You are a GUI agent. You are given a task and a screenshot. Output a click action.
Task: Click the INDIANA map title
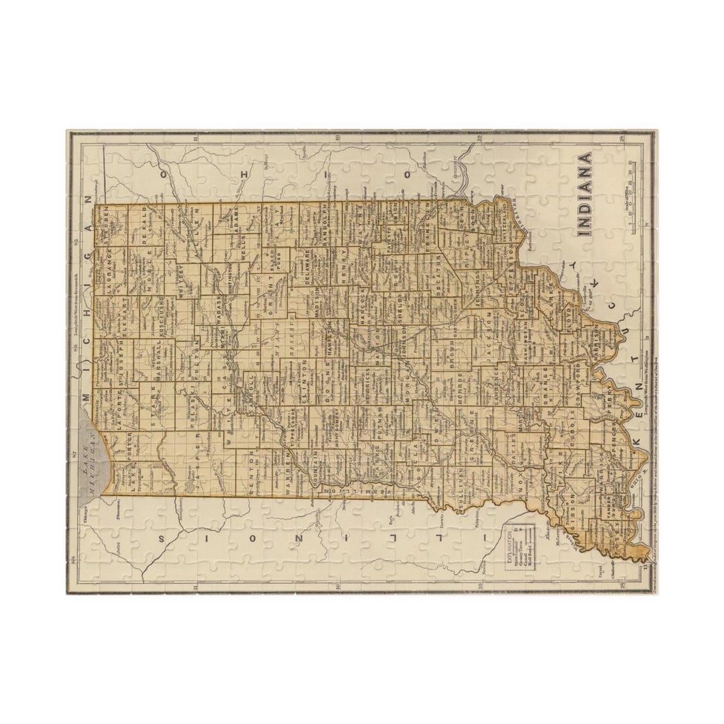(x=585, y=194)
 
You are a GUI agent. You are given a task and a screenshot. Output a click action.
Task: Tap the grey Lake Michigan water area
(x=94, y=456)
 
